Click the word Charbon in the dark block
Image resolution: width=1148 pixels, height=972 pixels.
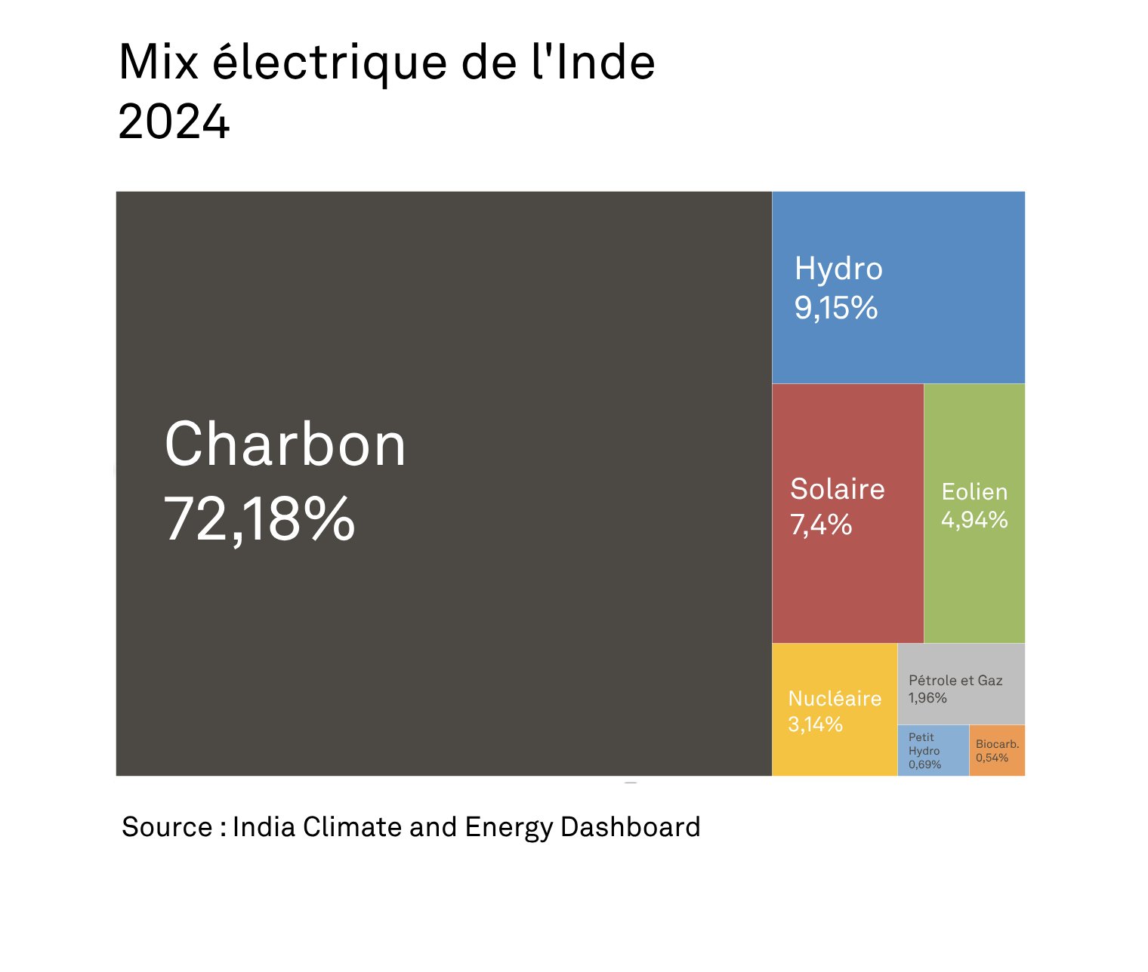click(285, 444)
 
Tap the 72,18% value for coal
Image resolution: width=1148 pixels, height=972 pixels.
click(259, 518)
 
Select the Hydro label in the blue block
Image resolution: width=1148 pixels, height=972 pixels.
click(838, 269)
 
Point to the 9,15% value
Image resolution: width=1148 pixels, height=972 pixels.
click(835, 307)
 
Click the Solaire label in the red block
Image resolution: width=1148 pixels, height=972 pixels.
click(837, 489)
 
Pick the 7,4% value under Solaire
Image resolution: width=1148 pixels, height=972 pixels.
click(821, 524)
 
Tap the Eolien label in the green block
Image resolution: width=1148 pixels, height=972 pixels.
click(974, 492)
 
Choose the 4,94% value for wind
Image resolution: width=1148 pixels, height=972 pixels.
click(974, 520)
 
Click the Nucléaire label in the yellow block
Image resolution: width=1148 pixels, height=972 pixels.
click(835, 698)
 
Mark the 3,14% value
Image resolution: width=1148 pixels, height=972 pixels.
click(815, 724)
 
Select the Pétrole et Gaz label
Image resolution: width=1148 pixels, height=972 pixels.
click(955, 680)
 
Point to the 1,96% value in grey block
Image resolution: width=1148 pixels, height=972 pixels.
click(927, 698)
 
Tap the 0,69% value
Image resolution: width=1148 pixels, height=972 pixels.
click(924, 764)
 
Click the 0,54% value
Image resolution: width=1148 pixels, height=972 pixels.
click(992, 758)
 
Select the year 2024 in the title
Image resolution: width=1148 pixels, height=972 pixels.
click(174, 121)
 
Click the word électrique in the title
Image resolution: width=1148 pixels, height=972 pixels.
click(330, 63)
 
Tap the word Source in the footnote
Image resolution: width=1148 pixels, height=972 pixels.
click(167, 827)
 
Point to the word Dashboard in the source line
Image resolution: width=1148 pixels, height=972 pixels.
click(630, 827)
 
